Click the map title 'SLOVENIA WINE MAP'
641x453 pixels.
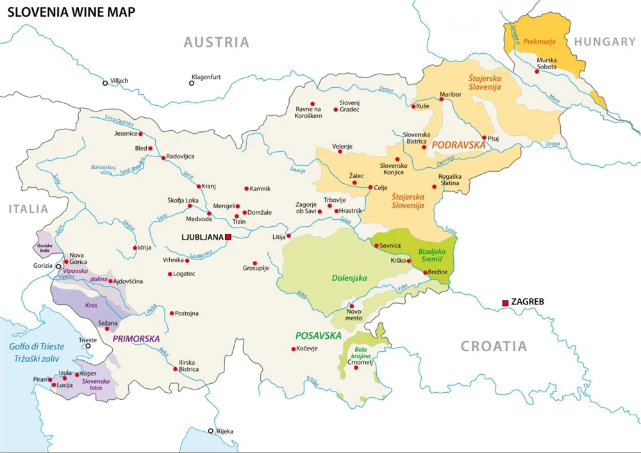click(71, 12)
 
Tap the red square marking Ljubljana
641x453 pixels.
click(228, 237)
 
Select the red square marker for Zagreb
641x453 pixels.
click(505, 302)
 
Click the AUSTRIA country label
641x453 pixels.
click(216, 42)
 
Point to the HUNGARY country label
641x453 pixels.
click(604, 42)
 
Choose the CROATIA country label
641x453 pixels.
click(494, 347)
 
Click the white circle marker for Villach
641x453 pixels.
click(105, 83)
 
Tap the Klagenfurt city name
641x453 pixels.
click(206, 77)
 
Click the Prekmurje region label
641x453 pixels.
click(538, 42)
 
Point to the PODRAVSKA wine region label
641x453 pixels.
click(458, 145)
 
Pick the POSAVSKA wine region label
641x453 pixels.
click(318, 336)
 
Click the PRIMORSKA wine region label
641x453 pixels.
click(136, 338)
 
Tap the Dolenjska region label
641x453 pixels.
click(349, 278)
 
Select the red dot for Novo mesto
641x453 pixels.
click(351, 306)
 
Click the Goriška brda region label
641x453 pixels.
click(44, 247)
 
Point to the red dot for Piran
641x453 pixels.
click(51, 379)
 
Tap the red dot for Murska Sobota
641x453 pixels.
click(537, 70)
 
